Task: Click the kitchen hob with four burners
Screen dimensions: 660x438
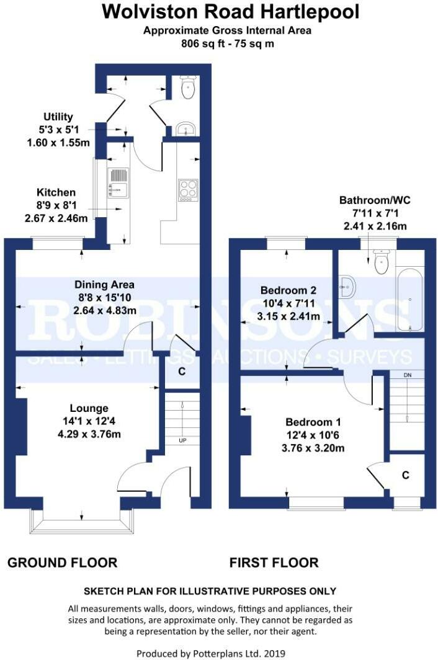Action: tap(188, 190)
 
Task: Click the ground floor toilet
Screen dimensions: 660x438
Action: tap(187, 88)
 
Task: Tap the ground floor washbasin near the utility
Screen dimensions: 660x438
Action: tap(185, 129)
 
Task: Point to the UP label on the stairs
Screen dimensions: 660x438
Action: tap(182, 441)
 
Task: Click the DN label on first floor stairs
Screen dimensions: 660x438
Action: tap(407, 376)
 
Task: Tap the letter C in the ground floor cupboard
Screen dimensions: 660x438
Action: tap(182, 372)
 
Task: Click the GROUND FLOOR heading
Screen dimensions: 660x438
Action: tap(62, 563)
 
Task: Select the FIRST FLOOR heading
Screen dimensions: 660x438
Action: tap(274, 563)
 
